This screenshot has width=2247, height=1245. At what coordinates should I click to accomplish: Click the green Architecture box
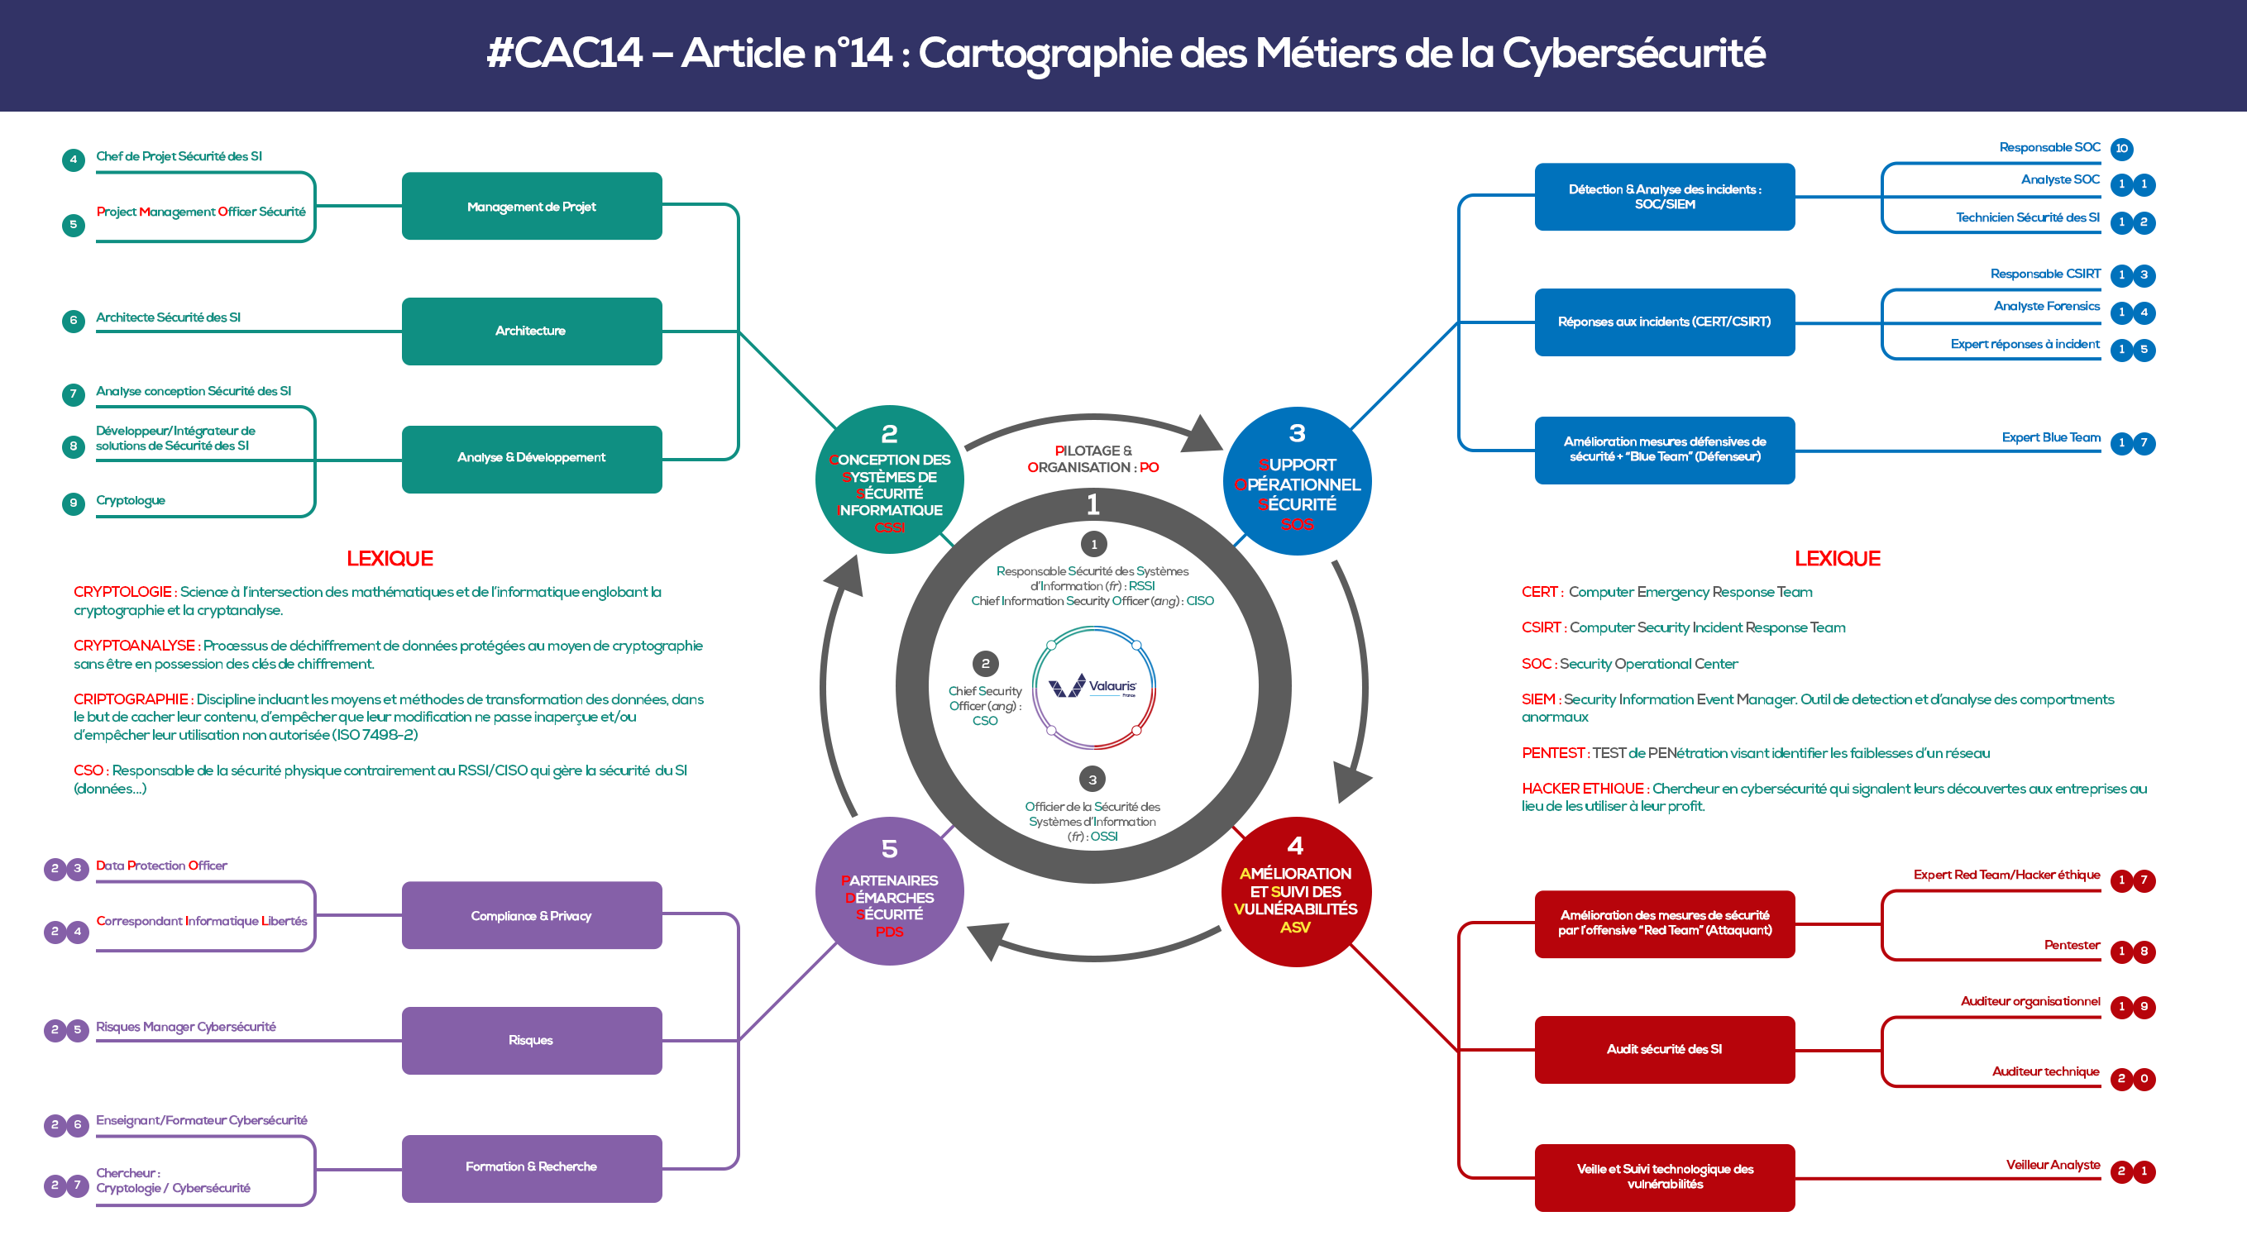click(x=531, y=332)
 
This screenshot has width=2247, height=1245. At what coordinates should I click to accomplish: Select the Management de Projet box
click(x=531, y=207)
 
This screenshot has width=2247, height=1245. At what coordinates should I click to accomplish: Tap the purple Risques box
click(x=531, y=1040)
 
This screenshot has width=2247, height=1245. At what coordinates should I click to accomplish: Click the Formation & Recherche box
click(x=531, y=1167)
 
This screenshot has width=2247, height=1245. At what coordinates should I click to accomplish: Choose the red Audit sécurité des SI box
click(x=1664, y=1050)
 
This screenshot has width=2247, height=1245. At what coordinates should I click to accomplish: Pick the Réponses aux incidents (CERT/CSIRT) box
click(x=1664, y=322)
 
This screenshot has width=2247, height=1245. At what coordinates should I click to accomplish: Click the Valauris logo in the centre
click(x=1093, y=687)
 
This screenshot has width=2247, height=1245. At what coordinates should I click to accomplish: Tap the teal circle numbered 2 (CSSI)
click(x=889, y=479)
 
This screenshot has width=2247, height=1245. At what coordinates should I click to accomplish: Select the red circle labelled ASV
click(x=1295, y=891)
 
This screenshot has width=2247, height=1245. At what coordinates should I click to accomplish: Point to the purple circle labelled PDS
click(x=889, y=891)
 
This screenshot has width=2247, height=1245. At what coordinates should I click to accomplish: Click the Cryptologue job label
click(x=131, y=500)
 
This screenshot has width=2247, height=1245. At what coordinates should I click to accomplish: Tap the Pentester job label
click(x=2072, y=945)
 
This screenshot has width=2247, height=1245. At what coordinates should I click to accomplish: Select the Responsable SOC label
click(x=2049, y=147)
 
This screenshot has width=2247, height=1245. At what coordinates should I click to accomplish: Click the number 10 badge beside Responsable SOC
click(x=2121, y=149)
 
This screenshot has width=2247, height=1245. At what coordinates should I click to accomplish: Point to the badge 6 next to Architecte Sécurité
click(x=74, y=320)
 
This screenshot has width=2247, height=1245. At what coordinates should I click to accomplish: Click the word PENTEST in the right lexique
click(x=1552, y=753)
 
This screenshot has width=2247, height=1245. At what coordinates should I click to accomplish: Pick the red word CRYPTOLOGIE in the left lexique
click(x=122, y=592)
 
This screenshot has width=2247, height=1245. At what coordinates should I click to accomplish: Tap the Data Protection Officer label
click(x=161, y=866)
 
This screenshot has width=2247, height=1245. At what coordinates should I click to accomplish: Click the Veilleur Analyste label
click(x=2053, y=1165)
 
